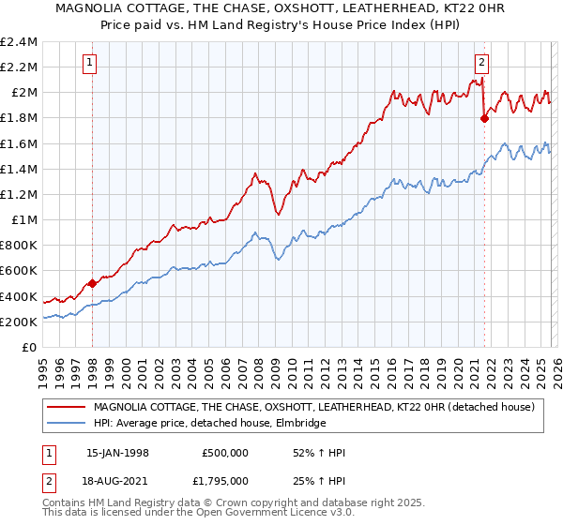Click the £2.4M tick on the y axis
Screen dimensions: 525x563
[19, 42]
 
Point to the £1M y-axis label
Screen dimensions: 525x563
[23, 220]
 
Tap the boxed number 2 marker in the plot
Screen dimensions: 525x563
[481, 64]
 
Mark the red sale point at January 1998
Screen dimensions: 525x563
[92, 283]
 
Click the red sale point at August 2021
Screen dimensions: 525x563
[484, 118]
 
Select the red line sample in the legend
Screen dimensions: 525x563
[66, 407]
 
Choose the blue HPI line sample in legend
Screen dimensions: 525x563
[66, 424]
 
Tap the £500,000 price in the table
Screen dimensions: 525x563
[224, 453]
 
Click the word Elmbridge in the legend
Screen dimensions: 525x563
[298, 424]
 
